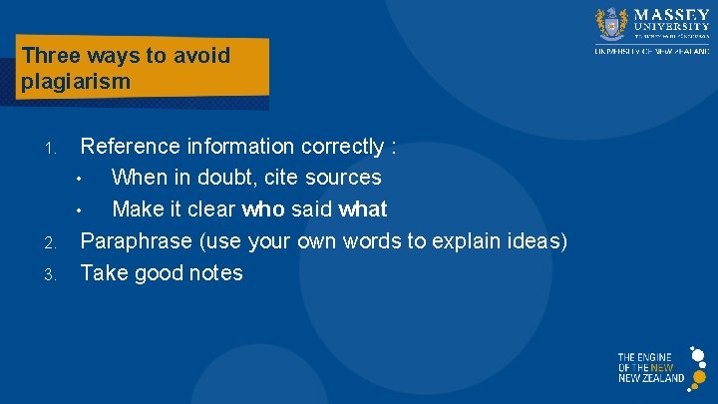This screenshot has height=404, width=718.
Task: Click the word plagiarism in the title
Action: pos(76,82)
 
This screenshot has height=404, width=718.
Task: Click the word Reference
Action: pos(130,147)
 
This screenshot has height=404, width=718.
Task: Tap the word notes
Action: pos(213,272)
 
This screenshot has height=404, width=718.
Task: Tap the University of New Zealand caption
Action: pos(651,50)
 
